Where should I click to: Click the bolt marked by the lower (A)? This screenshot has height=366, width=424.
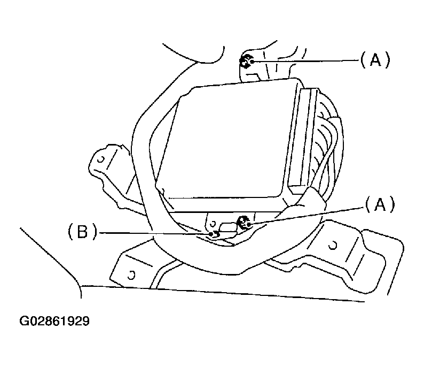[245, 222]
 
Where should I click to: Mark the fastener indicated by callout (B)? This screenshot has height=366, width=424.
[213, 234]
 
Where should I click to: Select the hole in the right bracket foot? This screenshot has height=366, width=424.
[333, 245]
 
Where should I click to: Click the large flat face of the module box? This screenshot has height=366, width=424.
[224, 142]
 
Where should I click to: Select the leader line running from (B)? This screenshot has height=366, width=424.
[155, 233]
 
